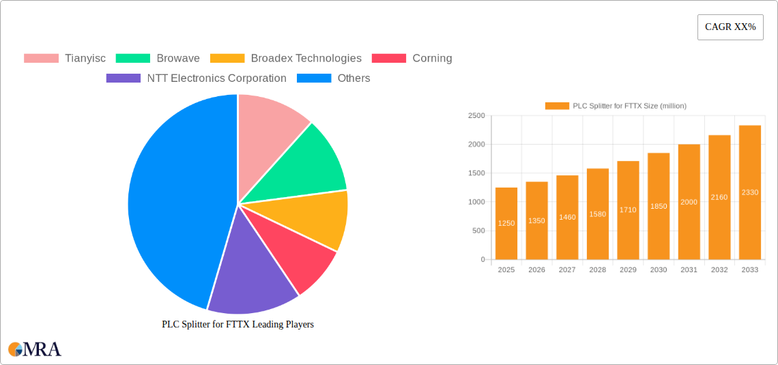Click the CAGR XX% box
point(730,27)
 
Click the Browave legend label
point(177,59)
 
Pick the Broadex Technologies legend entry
point(306,59)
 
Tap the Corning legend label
point(432,59)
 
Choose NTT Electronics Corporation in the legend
point(216,78)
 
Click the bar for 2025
point(506,224)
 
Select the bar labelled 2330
point(749,192)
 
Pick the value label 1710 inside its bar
point(628,210)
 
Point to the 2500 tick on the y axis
point(476,116)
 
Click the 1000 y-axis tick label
point(476,202)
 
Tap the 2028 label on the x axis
point(597,270)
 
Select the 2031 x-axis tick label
point(689,270)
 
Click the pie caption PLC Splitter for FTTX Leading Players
point(237,325)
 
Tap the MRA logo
point(35,349)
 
